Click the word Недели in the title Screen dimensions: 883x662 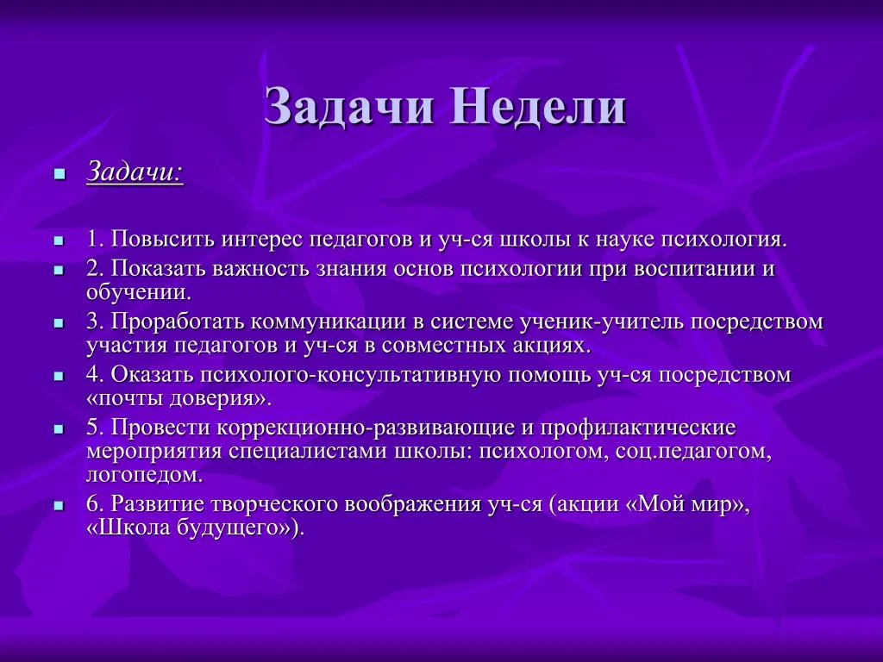537,107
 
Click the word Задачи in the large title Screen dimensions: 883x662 349,107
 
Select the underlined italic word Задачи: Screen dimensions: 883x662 135,172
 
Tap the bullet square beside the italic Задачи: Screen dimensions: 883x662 59,174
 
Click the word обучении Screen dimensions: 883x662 139,292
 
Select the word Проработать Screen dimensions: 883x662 177,322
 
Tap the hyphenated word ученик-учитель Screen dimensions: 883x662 602,322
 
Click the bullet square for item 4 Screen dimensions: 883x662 59,376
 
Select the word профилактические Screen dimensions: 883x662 638,428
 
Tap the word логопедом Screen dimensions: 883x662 144,476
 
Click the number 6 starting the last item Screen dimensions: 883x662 94,503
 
